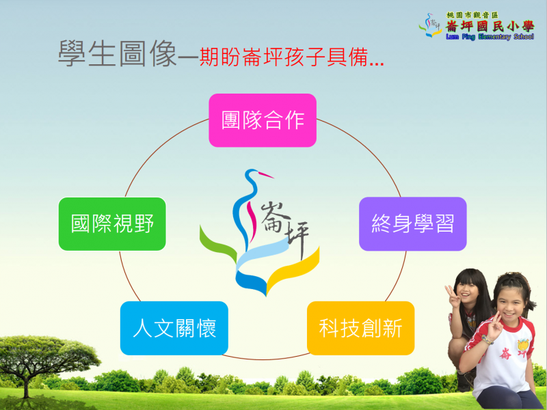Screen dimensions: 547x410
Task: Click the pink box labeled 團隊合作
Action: [263, 120]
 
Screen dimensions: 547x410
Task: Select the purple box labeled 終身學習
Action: [413, 224]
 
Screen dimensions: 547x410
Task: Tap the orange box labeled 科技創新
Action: [361, 328]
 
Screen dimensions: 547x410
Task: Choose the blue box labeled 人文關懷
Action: [174, 328]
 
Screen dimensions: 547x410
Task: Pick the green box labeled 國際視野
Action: [112, 224]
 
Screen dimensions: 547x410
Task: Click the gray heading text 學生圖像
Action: [118, 53]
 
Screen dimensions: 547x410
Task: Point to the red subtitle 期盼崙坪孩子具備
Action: [284, 57]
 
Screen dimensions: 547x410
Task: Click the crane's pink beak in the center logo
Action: [266, 175]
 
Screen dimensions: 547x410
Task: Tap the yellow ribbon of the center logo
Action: [293, 271]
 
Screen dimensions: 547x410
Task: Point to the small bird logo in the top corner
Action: [430, 25]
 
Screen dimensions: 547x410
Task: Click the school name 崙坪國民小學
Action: [490, 26]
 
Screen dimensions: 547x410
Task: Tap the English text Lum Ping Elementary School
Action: [490, 37]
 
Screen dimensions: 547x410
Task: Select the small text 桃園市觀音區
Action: [472, 15]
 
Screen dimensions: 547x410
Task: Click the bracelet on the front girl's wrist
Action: [487, 340]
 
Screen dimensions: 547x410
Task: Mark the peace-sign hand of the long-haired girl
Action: [453, 297]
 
